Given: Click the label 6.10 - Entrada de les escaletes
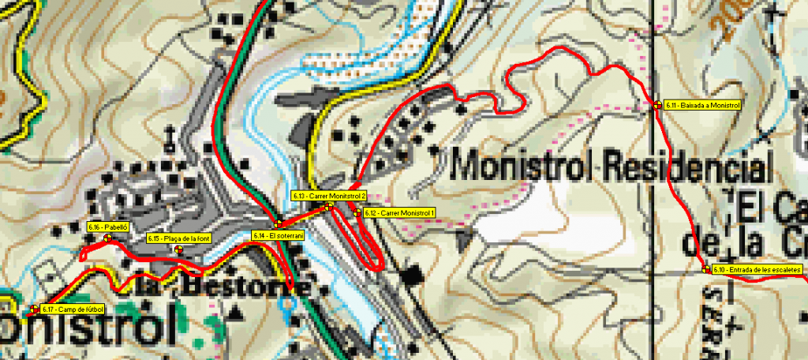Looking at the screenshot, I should tap(757, 269).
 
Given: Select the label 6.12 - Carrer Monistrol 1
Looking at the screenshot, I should tap(399, 213).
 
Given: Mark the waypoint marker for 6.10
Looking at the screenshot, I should tap(705, 269).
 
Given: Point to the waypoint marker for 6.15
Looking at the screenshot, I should tap(178, 249).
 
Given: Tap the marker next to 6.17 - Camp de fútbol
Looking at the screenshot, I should tap(35, 309).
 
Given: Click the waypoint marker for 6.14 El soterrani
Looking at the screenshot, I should tap(278, 224).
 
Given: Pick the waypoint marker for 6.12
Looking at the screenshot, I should tap(357, 212).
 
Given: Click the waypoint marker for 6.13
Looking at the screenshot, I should tap(328, 206).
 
